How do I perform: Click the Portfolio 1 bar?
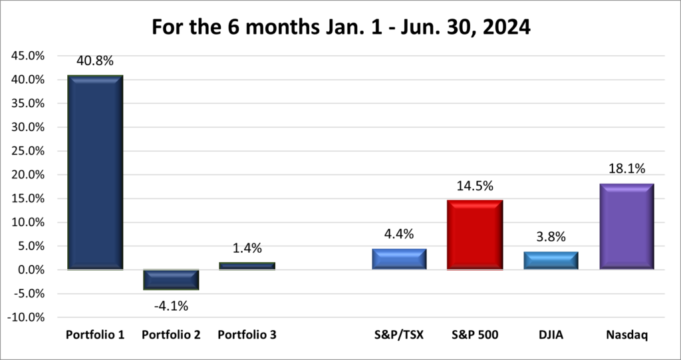click(95, 172)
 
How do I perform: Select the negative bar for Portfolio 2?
click(171, 279)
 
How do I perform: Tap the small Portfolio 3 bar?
click(247, 266)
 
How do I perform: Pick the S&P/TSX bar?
click(399, 259)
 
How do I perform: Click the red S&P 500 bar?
click(475, 235)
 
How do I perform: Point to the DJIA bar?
click(551, 260)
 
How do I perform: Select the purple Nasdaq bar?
click(626, 226)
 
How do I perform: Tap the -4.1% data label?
click(171, 306)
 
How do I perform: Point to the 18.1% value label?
click(626, 168)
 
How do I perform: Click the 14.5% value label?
click(475, 186)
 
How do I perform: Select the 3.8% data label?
click(551, 236)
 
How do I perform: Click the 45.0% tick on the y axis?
click(29, 56)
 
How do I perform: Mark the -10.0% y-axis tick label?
click(27, 317)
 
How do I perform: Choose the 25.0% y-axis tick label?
click(29, 151)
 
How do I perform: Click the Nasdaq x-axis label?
click(626, 335)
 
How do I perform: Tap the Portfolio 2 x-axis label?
click(171, 335)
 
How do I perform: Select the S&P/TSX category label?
click(399, 335)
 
